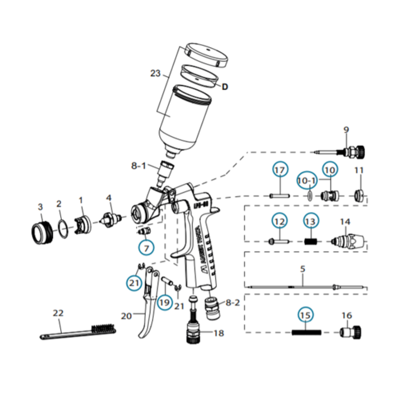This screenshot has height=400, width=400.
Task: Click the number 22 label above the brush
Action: (58, 313)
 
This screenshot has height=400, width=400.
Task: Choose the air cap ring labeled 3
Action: (41, 233)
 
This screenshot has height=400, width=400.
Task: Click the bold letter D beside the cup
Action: (225, 87)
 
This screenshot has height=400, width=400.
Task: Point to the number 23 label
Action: (155, 73)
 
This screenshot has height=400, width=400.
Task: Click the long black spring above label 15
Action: (307, 333)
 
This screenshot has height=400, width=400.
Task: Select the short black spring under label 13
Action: (310, 241)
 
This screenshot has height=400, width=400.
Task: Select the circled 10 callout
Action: (330, 171)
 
